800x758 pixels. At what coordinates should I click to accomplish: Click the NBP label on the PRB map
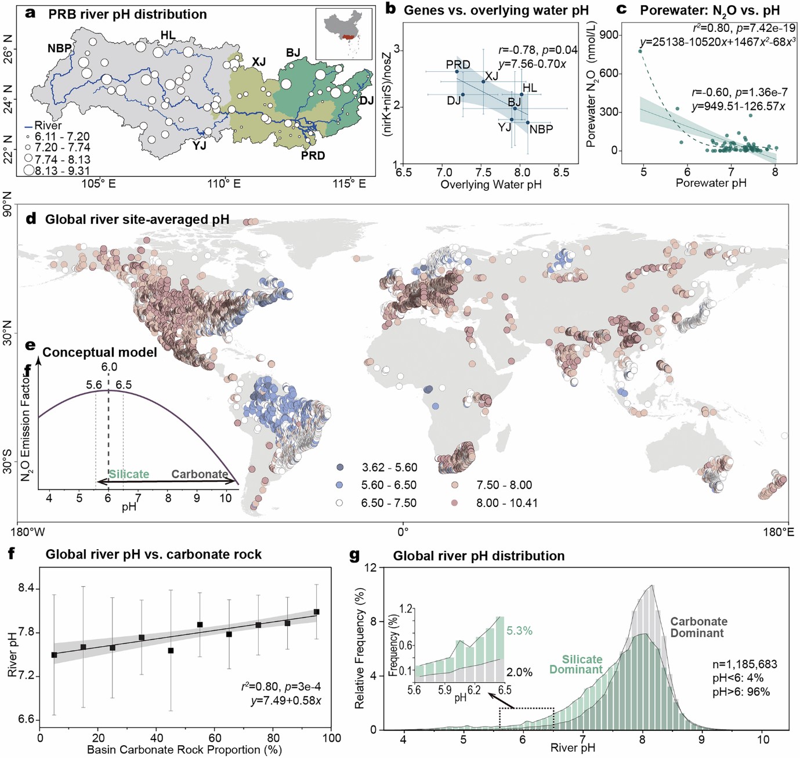(x=59, y=49)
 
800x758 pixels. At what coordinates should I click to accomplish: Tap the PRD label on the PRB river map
(x=313, y=155)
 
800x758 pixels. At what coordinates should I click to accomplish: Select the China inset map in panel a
(x=344, y=34)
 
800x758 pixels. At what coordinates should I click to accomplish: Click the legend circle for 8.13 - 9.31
(x=28, y=171)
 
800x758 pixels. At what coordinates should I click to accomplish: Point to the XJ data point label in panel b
(x=491, y=76)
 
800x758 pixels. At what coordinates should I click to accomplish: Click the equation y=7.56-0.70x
(x=532, y=64)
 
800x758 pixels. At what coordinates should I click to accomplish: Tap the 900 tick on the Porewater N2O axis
(x=609, y=35)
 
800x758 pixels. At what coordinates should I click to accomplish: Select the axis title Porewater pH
(x=711, y=183)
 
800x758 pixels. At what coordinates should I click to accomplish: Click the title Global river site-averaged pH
(x=137, y=220)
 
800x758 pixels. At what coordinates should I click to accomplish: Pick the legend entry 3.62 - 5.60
(x=389, y=467)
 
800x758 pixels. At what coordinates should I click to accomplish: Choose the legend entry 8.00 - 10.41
(x=506, y=503)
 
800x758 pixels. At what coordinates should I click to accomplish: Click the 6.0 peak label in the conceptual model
(x=109, y=367)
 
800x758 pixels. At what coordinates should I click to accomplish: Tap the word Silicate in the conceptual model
(x=129, y=474)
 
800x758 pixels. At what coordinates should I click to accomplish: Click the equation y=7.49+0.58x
(x=286, y=701)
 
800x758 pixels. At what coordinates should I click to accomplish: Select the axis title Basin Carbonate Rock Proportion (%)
(x=184, y=750)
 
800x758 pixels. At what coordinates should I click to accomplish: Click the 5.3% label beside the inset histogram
(x=519, y=631)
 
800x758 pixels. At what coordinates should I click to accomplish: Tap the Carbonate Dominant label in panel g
(x=698, y=627)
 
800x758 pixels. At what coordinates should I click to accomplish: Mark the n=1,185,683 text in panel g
(x=744, y=665)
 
